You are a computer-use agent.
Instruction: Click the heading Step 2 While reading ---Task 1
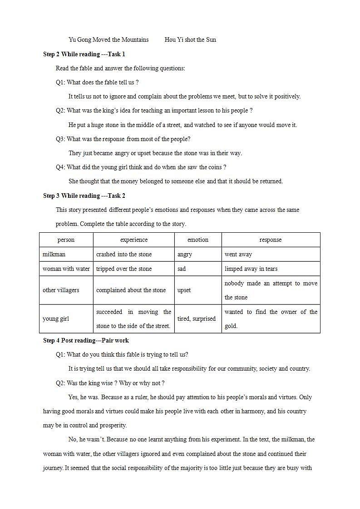tap(84, 54)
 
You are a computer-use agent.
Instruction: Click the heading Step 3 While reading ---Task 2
tap(84, 196)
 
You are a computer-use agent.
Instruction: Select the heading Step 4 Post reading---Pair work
tap(86, 340)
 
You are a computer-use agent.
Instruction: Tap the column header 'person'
tap(66, 240)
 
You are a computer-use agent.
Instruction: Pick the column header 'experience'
tap(133, 240)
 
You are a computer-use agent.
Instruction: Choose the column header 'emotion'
tap(198, 240)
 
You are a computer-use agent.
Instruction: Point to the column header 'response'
tap(271, 240)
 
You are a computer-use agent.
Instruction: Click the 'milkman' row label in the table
tap(54, 254)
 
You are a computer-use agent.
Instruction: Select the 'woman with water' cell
tap(66, 269)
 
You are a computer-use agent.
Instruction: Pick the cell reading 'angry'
tap(185, 254)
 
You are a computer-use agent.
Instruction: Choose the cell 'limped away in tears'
tap(251, 269)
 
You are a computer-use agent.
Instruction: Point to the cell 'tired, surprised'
tap(196, 318)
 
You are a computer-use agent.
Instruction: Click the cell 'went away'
tap(238, 254)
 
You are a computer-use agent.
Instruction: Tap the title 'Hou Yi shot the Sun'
tap(190, 39)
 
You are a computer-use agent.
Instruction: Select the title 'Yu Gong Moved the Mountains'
tap(108, 39)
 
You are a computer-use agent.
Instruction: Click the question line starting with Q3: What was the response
tap(123, 139)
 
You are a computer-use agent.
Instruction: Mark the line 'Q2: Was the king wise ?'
tap(110, 383)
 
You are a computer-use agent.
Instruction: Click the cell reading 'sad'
tap(182, 269)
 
